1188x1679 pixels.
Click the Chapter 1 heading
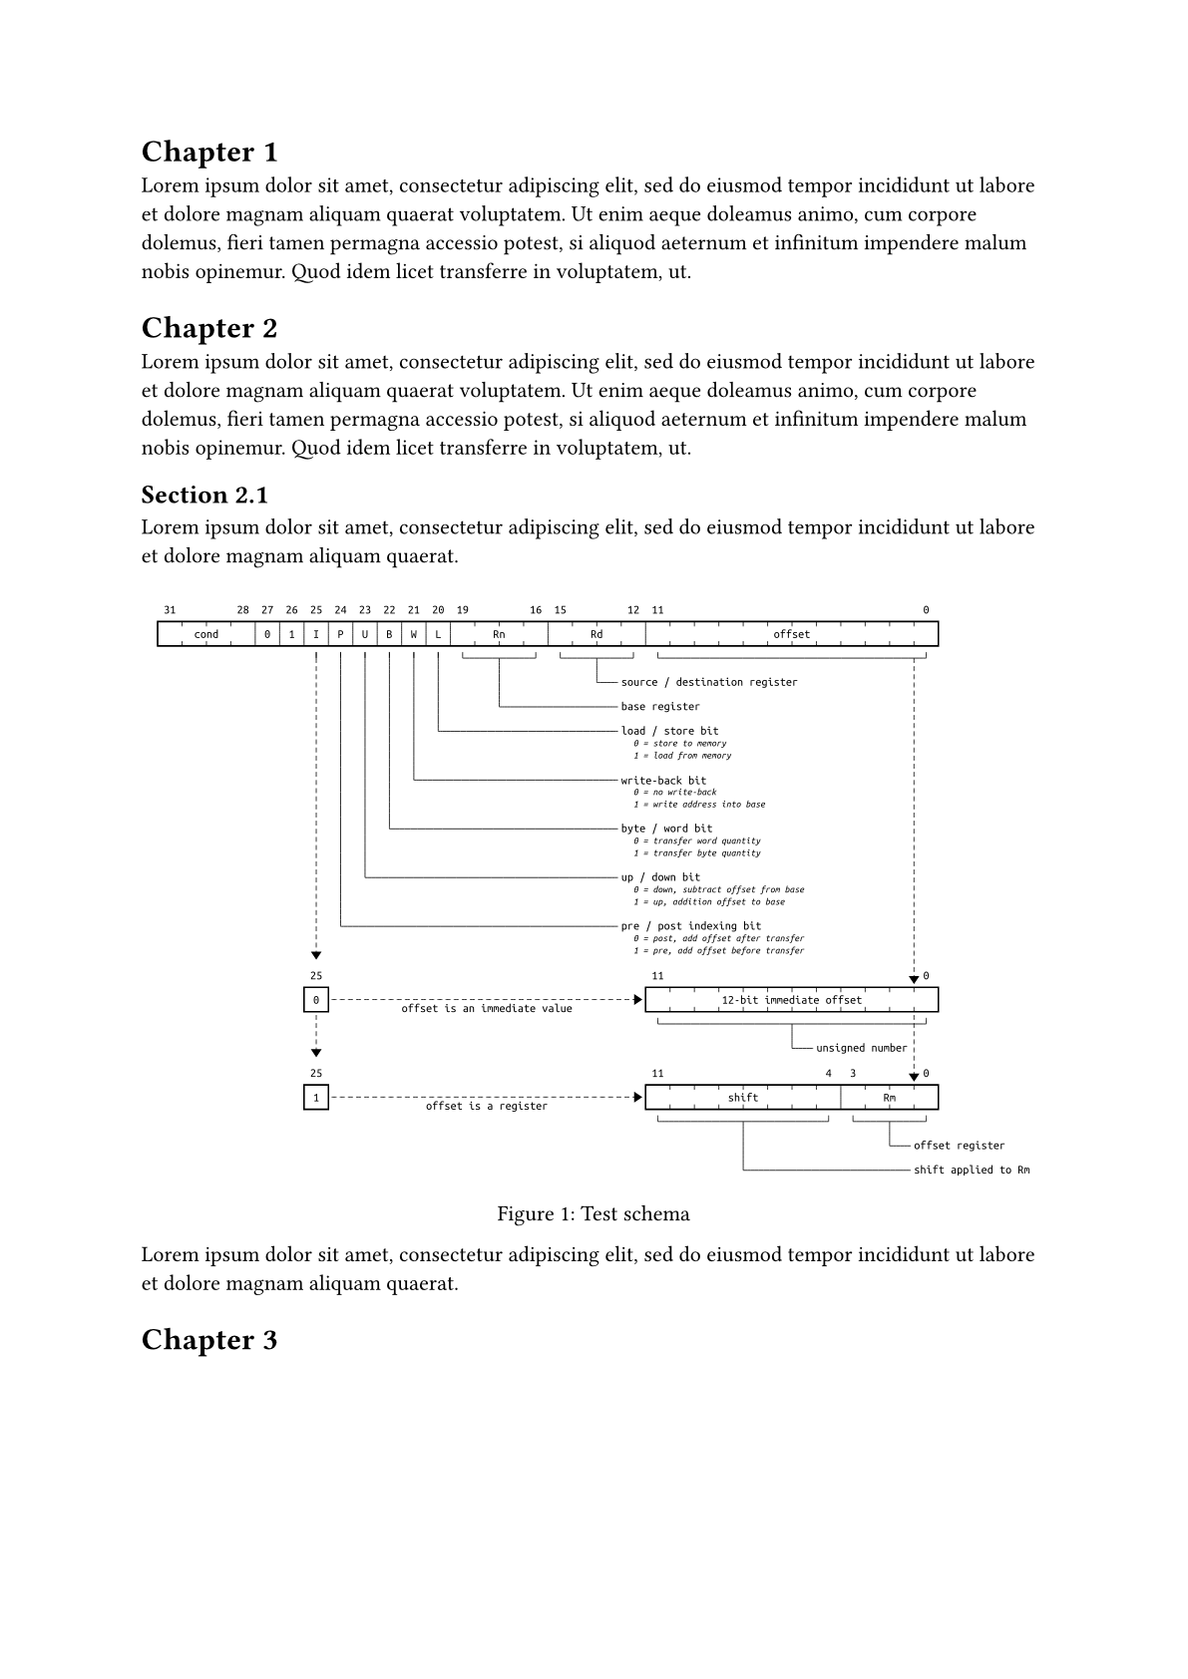click(209, 153)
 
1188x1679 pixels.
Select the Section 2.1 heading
click(204, 496)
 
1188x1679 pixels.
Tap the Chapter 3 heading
click(209, 1340)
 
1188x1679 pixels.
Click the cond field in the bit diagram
click(206, 634)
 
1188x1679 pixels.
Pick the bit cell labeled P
click(340, 634)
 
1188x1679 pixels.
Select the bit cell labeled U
click(365, 634)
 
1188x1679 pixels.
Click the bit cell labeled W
click(414, 634)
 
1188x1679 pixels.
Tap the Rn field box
click(499, 634)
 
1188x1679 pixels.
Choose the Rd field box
click(596, 634)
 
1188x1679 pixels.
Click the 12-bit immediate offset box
click(791, 1000)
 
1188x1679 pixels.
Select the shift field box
click(743, 1098)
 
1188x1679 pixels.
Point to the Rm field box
click(889, 1098)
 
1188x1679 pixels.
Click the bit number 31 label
click(170, 610)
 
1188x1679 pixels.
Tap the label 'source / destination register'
click(709, 682)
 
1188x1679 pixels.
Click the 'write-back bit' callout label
click(663, 781)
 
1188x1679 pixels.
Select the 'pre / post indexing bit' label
click(690, 926)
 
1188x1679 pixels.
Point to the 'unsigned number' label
click(861, 1048)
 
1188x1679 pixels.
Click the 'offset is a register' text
click(487, 1107)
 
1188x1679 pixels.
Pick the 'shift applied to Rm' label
click(972, 1170)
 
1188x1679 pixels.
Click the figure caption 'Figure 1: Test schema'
click(594, 1214)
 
